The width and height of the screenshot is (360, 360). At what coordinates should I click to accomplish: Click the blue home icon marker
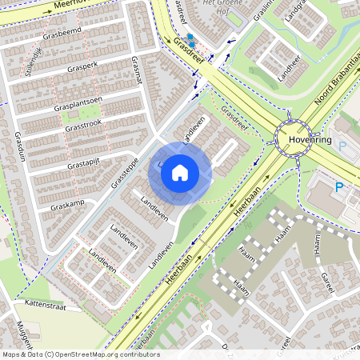click(180, 172)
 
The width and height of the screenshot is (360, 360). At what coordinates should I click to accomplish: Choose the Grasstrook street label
click(84, 126)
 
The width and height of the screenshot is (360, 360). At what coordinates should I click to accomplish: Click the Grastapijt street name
click(87, 164)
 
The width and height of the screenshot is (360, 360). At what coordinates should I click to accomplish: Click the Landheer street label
click(287, 73)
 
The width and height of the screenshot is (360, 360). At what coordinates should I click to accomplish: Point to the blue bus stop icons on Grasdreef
click(190, 40)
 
